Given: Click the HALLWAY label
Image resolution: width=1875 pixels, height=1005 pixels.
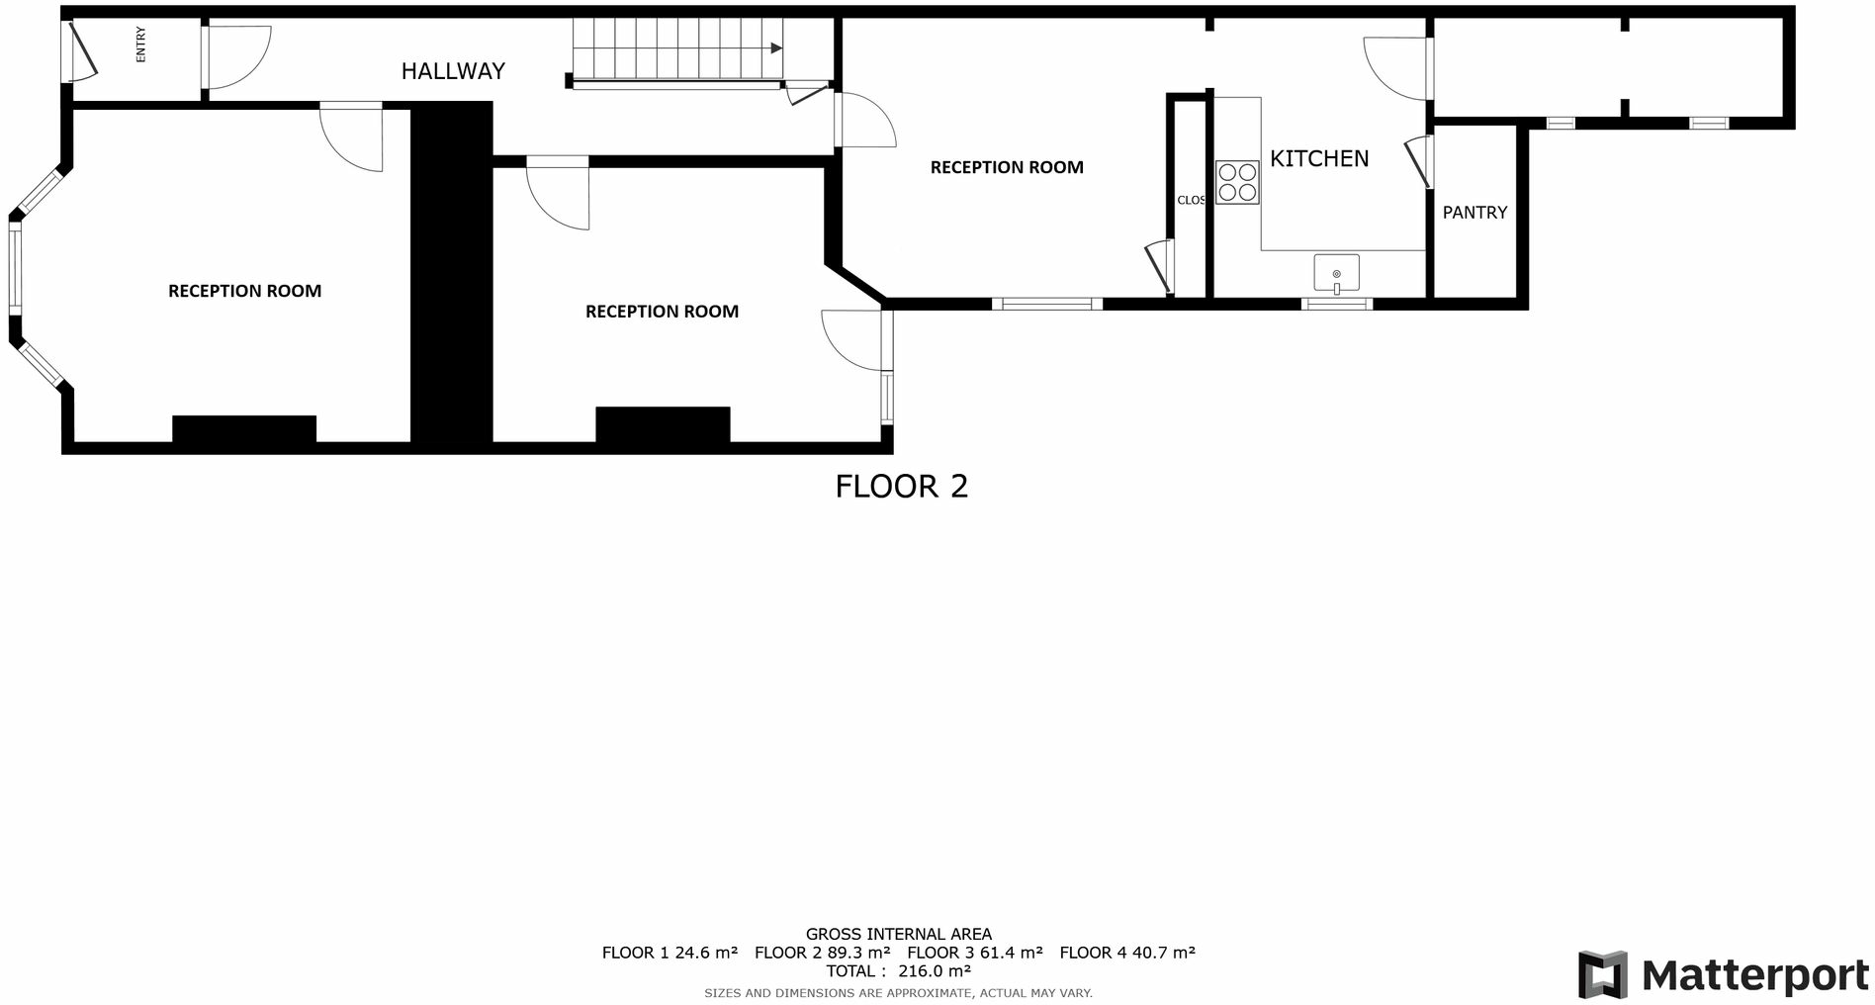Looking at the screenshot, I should coord(453,71).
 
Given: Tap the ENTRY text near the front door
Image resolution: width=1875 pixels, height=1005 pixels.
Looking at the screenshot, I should coord(140,46).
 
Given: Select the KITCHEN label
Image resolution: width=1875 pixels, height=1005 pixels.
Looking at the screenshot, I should coord(1319,158).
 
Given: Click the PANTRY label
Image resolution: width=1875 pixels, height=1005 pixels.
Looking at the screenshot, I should coord(1474,213).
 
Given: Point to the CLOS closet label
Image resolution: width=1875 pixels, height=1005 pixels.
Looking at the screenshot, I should coord(1191,200).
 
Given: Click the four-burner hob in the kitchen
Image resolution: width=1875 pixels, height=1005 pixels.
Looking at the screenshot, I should coord(1237,183).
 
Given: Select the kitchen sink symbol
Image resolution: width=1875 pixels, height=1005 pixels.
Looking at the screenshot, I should coord(1336,273).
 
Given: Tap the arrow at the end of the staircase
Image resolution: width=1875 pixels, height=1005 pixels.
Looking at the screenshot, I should coord(776,47).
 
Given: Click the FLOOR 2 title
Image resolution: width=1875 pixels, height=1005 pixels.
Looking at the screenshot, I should coord(901,487).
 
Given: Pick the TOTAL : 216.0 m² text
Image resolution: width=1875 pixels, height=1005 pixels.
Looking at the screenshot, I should coord(898,971).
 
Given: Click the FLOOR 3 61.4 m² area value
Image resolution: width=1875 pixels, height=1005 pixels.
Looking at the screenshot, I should coord(974,953).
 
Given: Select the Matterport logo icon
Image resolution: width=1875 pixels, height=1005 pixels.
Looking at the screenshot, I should coord(1602,975).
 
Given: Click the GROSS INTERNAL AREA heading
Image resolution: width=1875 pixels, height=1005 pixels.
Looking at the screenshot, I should coord(898,934).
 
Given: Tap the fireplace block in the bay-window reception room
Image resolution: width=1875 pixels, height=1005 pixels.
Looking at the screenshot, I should coord(244,428).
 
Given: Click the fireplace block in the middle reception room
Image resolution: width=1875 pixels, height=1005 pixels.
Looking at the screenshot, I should coord(663,424).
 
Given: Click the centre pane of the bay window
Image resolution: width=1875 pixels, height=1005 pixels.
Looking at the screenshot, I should coord(15,267).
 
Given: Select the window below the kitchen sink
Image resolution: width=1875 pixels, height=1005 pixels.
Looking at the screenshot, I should coord(1336,305).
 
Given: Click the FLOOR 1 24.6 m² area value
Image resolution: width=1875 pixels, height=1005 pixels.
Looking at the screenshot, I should coord(670,953).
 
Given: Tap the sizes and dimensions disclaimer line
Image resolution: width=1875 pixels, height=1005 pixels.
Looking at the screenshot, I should coord(898,993).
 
